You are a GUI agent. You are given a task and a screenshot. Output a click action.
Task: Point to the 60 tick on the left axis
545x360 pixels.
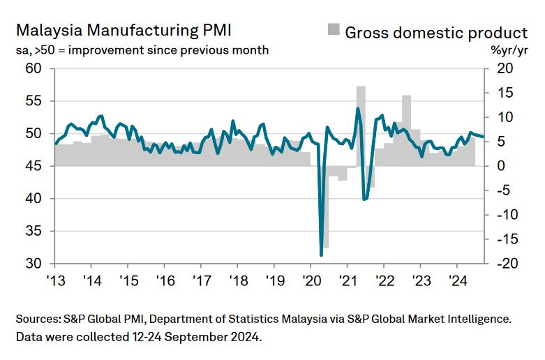34,68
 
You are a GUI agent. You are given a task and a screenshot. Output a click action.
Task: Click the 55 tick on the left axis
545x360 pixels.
34,101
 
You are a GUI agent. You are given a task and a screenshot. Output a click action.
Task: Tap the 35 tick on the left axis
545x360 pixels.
34,232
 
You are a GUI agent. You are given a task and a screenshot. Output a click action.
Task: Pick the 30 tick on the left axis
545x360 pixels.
34,264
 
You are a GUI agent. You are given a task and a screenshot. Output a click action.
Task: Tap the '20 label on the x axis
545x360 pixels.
311,281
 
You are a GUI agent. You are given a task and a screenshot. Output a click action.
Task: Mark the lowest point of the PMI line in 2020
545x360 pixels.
321,255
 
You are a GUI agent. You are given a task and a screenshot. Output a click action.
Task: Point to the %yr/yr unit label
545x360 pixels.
509,50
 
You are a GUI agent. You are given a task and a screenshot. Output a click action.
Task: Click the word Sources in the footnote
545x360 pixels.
38,319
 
